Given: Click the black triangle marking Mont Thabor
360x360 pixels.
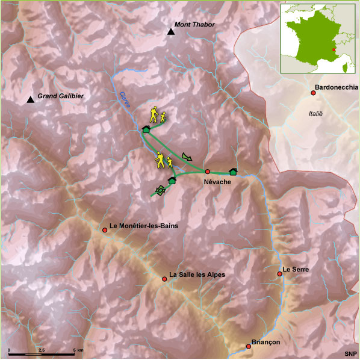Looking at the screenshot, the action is pyautogui.click(x=171, y=31).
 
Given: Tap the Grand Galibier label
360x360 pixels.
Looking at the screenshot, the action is pyautogui.click(x=60, y=96).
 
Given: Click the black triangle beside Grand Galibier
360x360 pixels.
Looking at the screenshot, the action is pyautogui.click(x=30, y=100).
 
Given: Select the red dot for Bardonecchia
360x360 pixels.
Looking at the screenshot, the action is pyautogui.click(x=313, y=92).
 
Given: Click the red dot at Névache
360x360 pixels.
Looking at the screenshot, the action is pyautogui.click(x=207, y=172).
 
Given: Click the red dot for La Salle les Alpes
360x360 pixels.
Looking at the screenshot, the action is pyautogui.click(x=164, y=279).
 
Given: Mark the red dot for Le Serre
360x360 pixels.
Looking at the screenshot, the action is pyautogui.click(x=279, y=274).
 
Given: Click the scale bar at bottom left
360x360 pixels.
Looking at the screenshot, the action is pyautogui.click(x=42, y=350).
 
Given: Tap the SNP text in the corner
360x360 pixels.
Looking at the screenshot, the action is pyautogui.click(x=350, y=353).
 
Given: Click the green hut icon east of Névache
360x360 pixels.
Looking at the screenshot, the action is pyautogui.click(x=234, y=172).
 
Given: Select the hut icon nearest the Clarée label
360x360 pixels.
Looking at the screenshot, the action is pyautogui.click(x=145, y=129).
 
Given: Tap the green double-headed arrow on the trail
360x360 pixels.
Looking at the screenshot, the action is pyautogui.click(x=161, y=190).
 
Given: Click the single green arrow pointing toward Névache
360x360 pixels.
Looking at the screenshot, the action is pyautogui.click(x=187, y=157).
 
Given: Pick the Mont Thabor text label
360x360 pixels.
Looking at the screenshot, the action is pyautogui.click(x=194, y=25).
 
